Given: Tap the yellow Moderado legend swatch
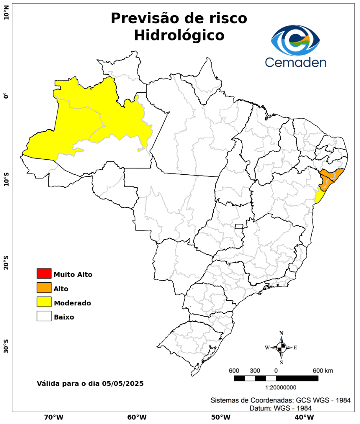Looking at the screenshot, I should [x=44, y=302].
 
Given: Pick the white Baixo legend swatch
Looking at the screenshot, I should [x=44, y=316].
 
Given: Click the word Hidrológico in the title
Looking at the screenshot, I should [x=179, y=35].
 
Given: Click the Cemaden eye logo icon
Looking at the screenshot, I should [x=296, y=41].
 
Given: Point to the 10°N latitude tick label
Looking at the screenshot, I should [x=6, y=15].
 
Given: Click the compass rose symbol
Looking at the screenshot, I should [x=281, y=347].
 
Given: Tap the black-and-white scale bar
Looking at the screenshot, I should [x=276, y=378].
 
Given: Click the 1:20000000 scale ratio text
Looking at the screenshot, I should [x=281, y=387].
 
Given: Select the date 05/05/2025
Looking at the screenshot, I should [x=123, y=383].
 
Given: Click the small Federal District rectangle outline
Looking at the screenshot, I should [x=239, y=226].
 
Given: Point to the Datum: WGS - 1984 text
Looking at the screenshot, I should [x=281, y=408].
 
